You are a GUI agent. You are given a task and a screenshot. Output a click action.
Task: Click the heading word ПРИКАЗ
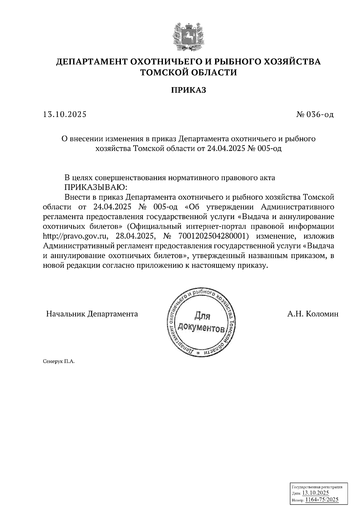pyautogui.click(x=189, y=90)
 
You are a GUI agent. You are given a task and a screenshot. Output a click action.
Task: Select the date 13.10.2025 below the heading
pyautogui.click(x=65, y=115)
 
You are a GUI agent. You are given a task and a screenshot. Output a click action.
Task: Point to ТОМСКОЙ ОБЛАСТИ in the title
pyautogui.click(x=189, y=73)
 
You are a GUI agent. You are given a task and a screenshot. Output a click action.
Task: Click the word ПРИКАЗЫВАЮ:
pyautogui.click(x=96, y=187)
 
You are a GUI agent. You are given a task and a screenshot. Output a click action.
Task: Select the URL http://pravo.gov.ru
pyautogui.click(x=75, y=237)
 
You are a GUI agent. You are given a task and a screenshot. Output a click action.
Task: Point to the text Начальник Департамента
pyautogui.click(x=92, y=314)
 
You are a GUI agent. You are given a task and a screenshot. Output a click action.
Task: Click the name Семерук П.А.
pyautogui.click(x=59, y=362)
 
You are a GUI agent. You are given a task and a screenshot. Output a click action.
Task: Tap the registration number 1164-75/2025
pyautogui.click(x=322, y=499)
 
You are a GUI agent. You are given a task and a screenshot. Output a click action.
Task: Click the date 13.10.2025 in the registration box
pyautogui.click(x=315, y=493)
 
